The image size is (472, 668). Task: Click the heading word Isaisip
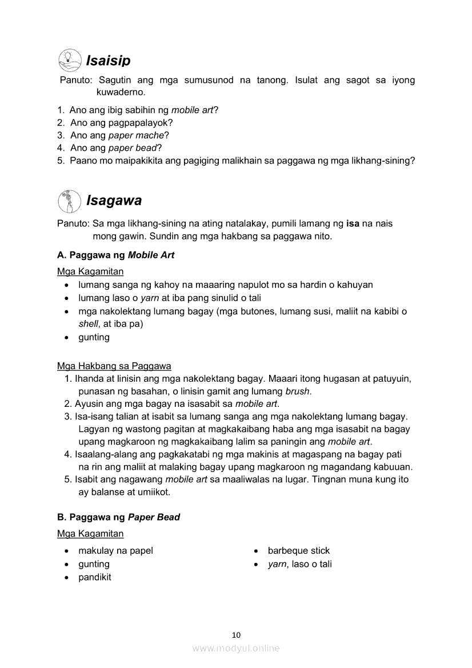pyautogui.click(x=108, y=61)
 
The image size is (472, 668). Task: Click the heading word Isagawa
pyautogui.click(x=114, y=201)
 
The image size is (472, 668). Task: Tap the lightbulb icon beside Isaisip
pyautogui.click(x=70, y=60)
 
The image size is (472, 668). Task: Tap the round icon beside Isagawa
pyautogui.click(x=70, y=201)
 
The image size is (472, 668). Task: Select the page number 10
pyautogui.click(x=237, y=634)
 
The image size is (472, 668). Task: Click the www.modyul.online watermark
pyautogui.click(x=236, y=648)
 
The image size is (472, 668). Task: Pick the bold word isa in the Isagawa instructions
pyautogui.click(x=353, y=223)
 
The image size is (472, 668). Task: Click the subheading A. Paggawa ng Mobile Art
pyautogui.click(x=116, y=255)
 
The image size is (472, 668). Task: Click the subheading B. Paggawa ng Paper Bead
pyautogui.click(x=118, y=517)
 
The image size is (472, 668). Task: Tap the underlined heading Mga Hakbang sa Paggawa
pyautogui.click(x=114, y=366)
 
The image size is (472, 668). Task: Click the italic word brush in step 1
pyautogui.click(x=297, y=391)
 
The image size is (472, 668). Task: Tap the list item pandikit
pyautogui.click(x=95, y=577)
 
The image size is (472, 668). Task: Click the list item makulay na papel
pyautogui.click(x=116, y=551)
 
